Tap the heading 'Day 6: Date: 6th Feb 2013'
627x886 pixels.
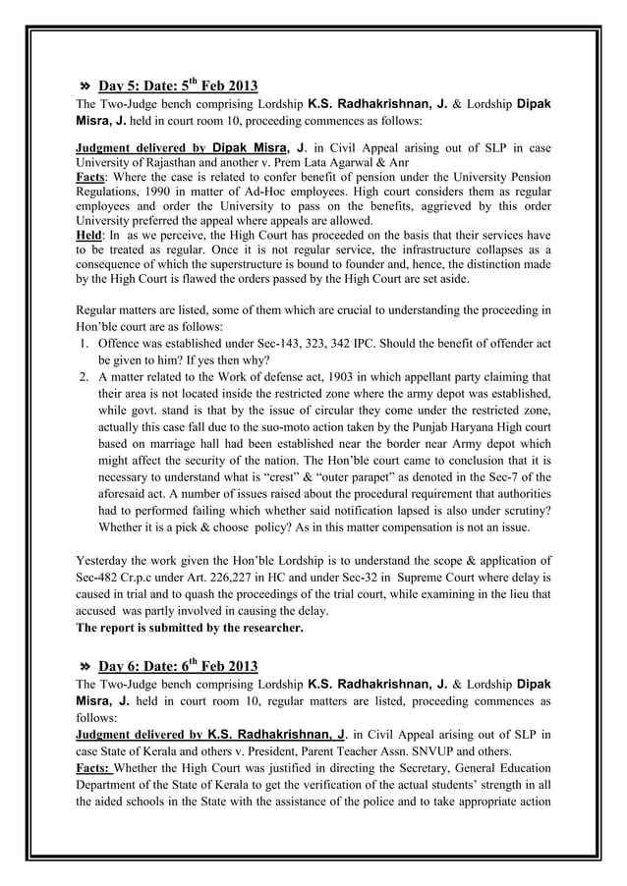(x=178, y=666)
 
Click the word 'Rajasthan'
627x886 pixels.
(x=154, y=162)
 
